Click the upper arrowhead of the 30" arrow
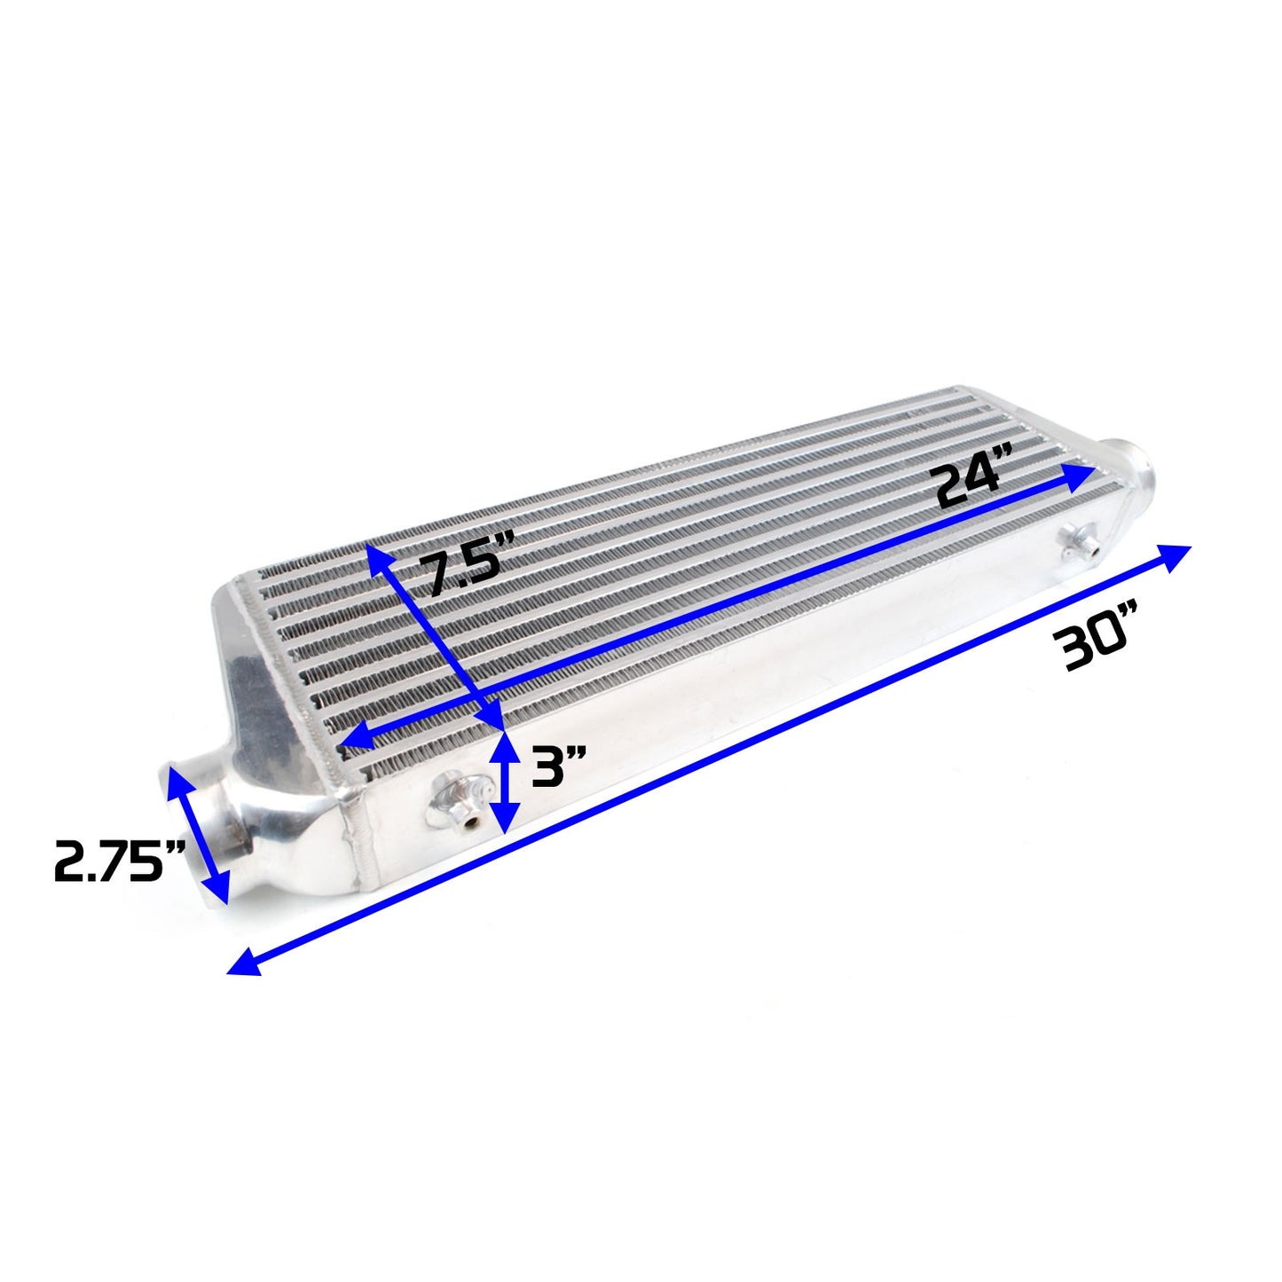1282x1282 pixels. pos(1176,555)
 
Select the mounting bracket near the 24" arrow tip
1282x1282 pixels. pos(1080,539)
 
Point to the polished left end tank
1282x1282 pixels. pos(266,710)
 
